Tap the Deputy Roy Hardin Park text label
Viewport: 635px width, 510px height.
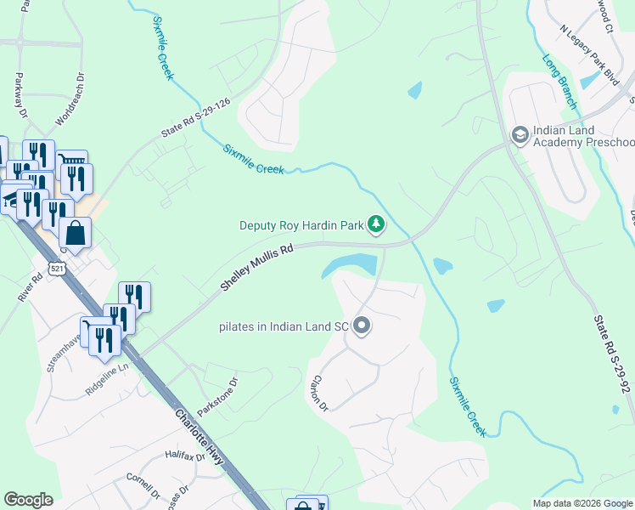[x=301, y=225]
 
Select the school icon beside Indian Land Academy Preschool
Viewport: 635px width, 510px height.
[x=519, y=134]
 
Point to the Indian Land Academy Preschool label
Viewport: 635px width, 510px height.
[x=583, y=135]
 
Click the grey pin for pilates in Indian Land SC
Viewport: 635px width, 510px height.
[x=362, y=326]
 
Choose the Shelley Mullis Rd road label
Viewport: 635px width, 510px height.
[x=256, y=268]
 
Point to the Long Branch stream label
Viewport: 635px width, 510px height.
[x=559, y=82]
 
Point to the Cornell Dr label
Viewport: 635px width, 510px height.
[x=143, y=484]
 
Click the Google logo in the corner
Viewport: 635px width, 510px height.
[x=29, y=500]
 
